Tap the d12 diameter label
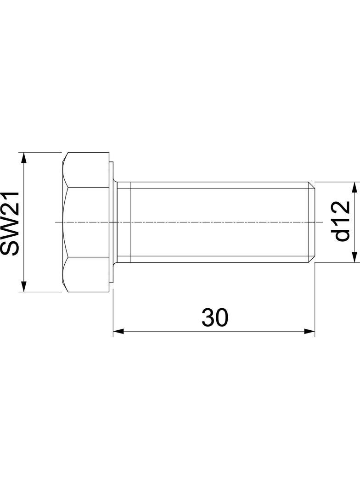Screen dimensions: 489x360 click(342, 222)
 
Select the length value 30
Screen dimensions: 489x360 click(214, 317)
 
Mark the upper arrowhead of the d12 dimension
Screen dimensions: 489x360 click(354, 187)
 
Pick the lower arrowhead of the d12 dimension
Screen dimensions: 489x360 click(354, 257)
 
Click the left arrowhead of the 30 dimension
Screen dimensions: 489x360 click(118, 331)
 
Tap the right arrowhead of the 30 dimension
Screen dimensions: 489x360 click(309, 331)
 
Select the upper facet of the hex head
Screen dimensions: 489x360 click(87, 170)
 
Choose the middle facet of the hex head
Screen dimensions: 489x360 click(87, 222)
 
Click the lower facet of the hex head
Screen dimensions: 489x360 click(87, 274)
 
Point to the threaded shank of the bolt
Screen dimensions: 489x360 click(216, 222)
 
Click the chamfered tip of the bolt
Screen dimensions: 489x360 click(312, 222)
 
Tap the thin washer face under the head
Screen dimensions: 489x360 click(111, 222)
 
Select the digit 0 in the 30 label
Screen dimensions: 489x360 click(221, 317)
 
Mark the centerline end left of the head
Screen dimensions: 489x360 click(56, 222)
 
